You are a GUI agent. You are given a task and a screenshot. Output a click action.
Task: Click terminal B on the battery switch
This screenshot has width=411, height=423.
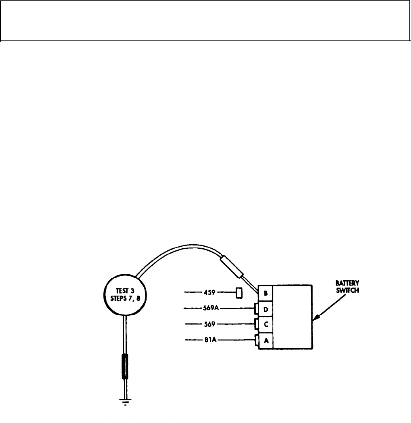click(x=266, y=294)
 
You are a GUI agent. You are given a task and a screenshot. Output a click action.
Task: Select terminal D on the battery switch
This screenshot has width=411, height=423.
click(x=266, y=309)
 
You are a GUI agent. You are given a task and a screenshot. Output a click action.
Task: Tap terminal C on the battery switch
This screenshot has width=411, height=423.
click(x=266, y=324)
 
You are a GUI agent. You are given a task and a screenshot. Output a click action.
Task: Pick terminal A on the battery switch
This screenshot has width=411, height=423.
click(x=266, y=341)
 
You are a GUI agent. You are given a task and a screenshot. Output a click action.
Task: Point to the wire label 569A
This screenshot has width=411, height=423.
click(x=211, y=309)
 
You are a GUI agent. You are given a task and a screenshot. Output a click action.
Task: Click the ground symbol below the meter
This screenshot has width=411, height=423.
click(x=126, y=402)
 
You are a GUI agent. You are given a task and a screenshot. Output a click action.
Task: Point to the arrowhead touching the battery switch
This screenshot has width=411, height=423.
click(x=315, y=318)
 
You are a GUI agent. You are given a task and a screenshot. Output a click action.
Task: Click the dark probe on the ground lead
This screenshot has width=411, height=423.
click(x=126, y=366)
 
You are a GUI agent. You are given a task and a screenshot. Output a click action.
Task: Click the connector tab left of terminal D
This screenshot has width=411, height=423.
click(x=257, y=309)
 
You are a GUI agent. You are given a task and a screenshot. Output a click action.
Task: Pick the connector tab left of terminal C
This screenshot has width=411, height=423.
click(x=257, y=324)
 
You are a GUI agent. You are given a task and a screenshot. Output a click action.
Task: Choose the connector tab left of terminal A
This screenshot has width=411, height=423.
click(x=257, y=341)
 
